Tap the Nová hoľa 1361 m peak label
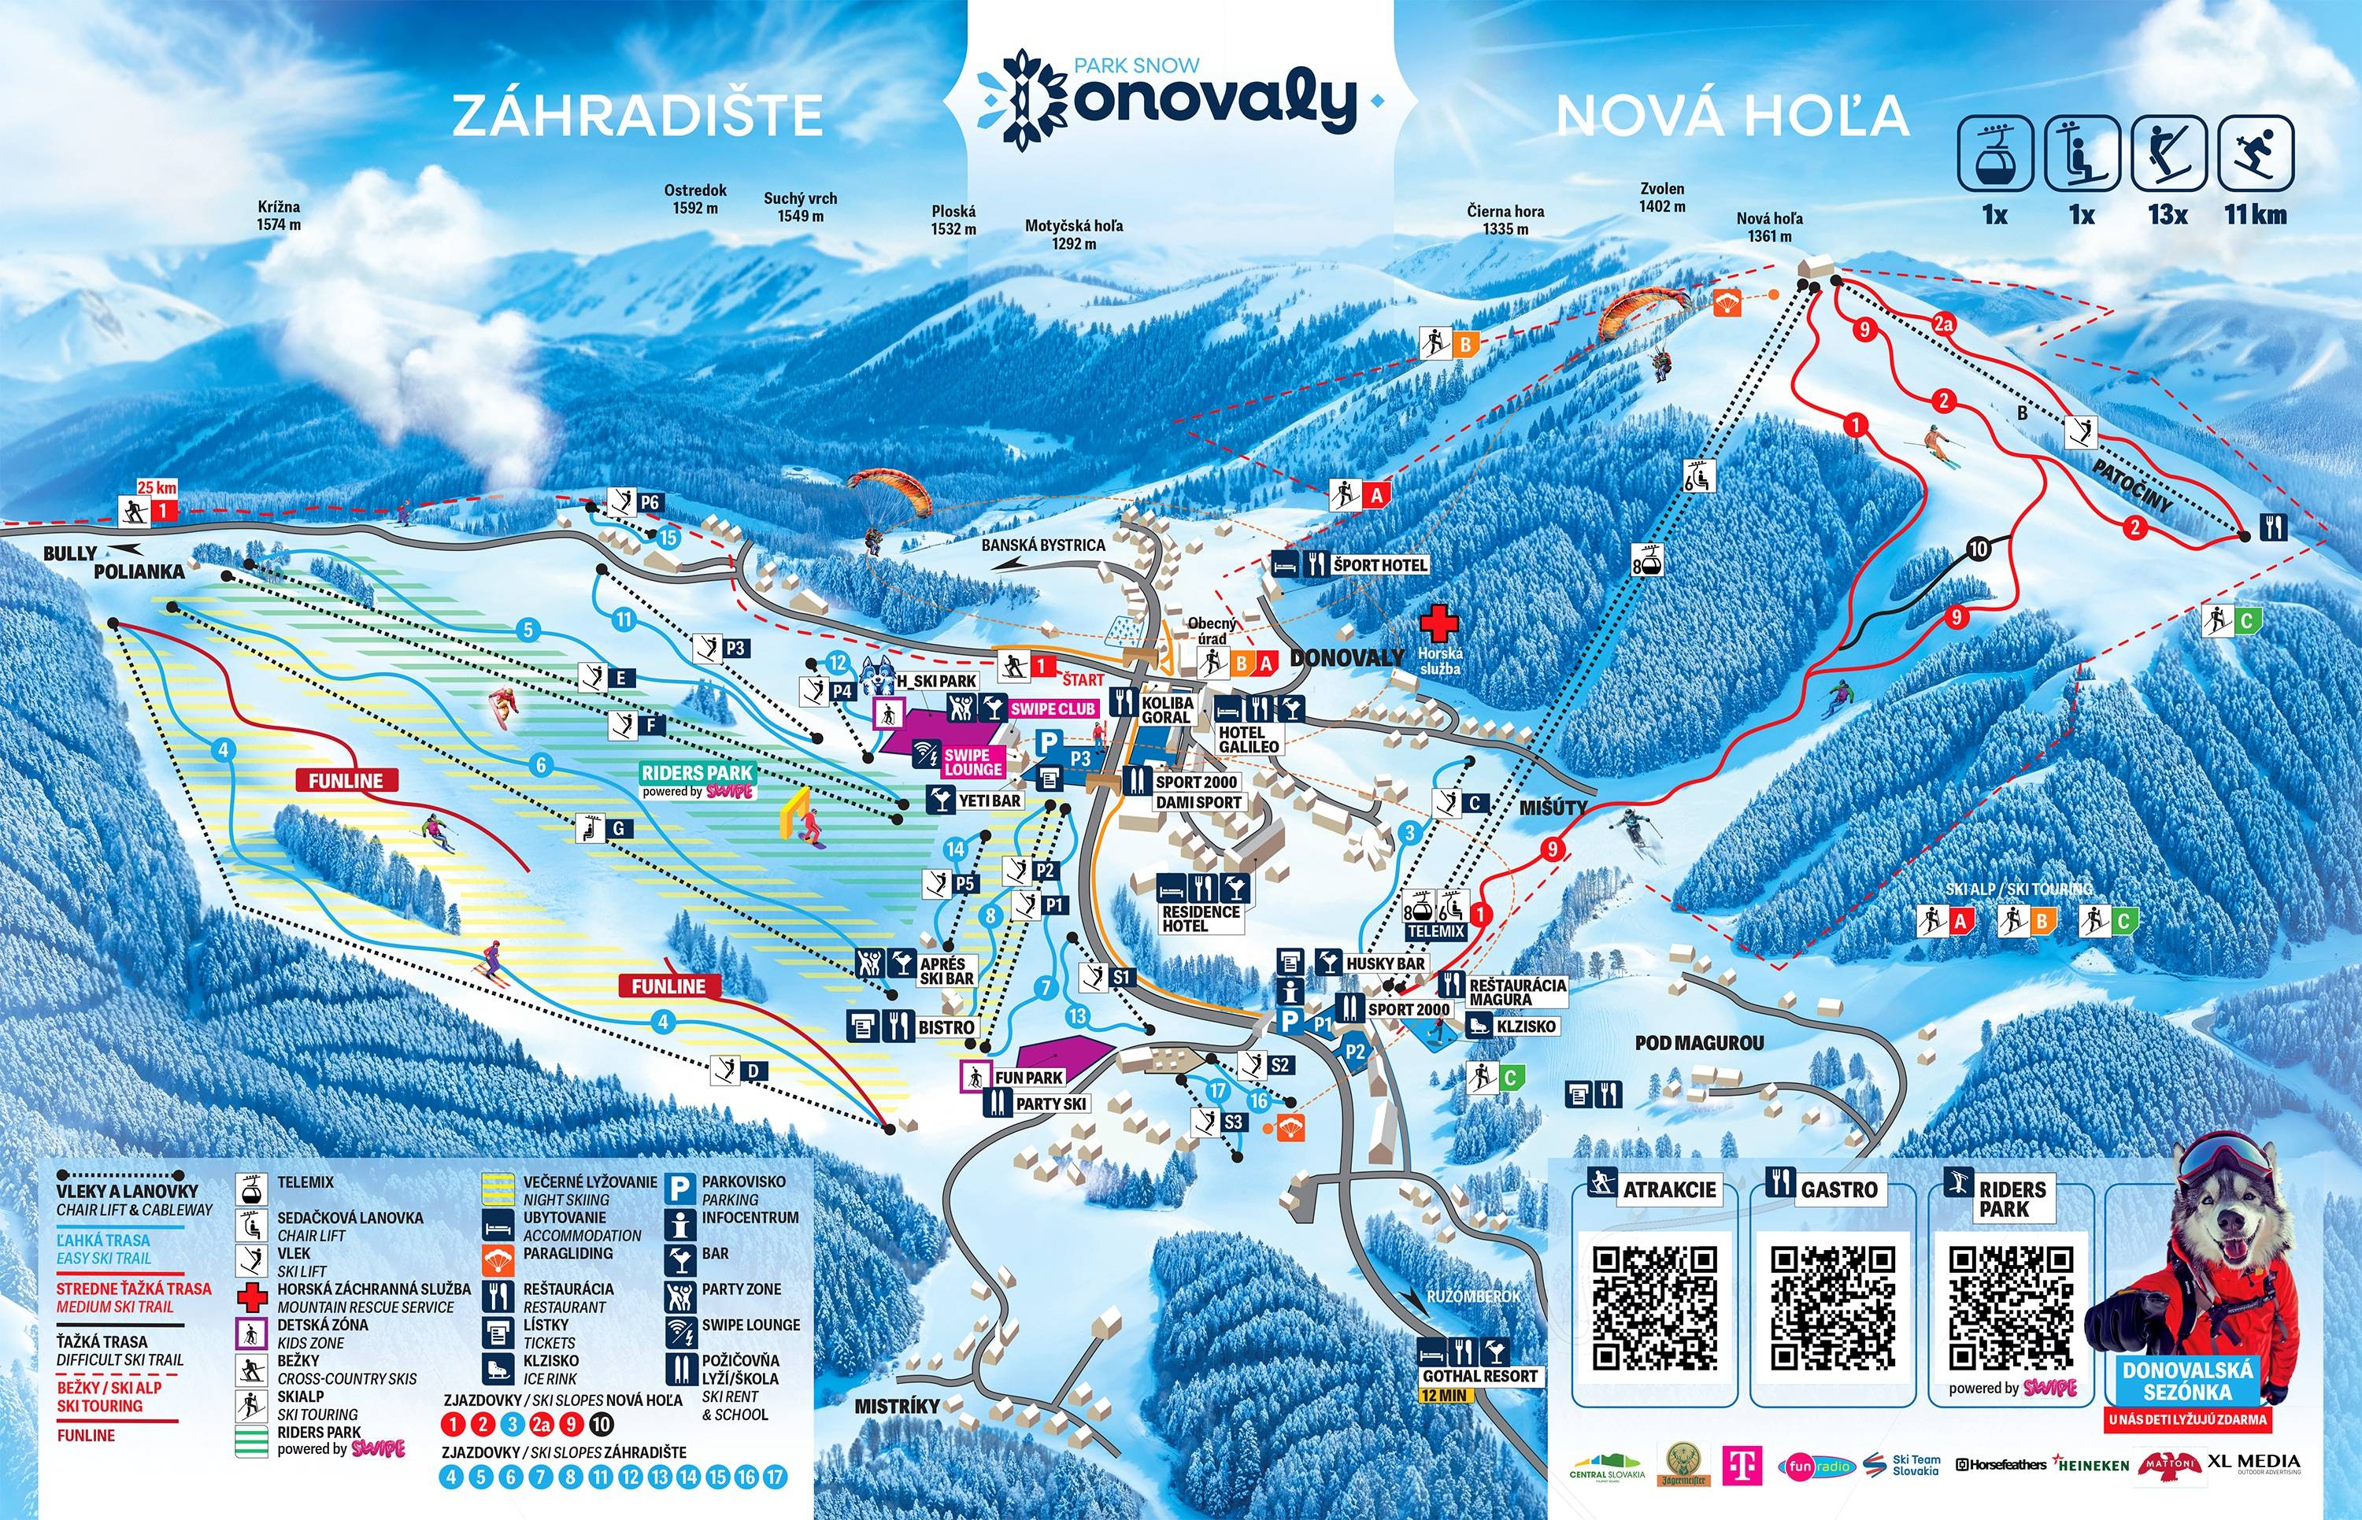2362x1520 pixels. click(x=1769, y=227)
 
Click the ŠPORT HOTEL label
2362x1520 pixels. click(x=1380, y=564)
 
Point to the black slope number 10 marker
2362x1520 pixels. click(x=1977, y=549)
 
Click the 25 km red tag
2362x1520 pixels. click(x=157, y=486)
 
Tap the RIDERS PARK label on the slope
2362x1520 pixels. click(x=697, y=774)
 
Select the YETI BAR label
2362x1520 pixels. click(x=989, y=801)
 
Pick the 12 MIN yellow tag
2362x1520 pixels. click(x=1444, y=1396)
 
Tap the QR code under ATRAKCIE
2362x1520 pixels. click(x=1655, y=1307)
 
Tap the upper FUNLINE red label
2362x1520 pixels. click(x=346, y=781)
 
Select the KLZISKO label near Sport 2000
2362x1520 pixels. click(x=1525, y=1026)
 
